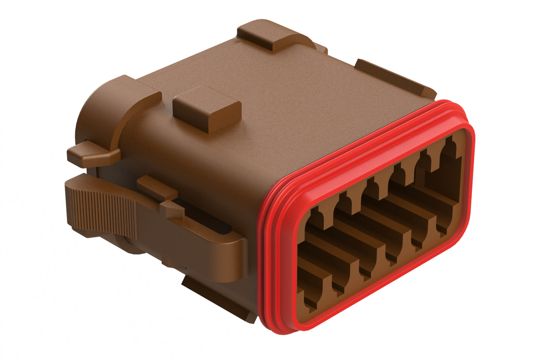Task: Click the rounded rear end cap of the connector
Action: click(x=90, y=120)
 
